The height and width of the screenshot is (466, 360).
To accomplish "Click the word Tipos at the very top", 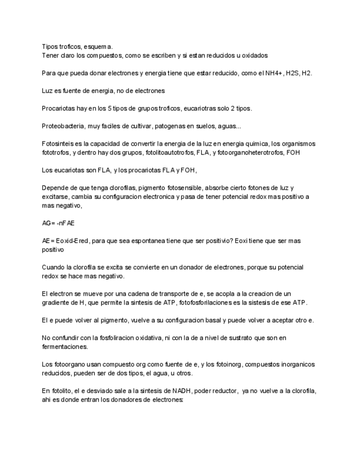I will click(x=50, y=47).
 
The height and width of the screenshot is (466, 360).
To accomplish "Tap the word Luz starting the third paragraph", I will click(x=48, y=91).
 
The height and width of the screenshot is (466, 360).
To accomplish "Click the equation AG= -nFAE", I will click(x=58, y=223).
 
